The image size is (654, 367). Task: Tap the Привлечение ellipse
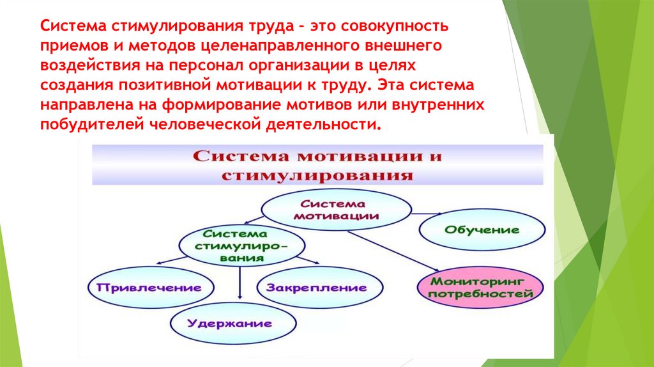click(x=149, y=287)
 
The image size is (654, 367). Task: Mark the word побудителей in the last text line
click(x=92, y=124)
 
